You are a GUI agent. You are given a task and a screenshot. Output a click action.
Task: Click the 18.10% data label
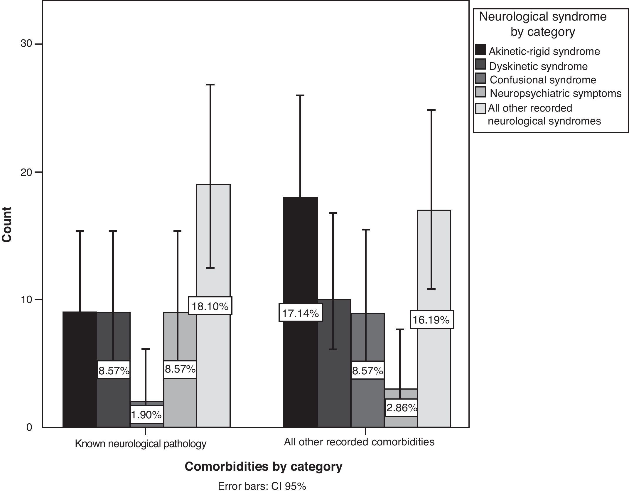210,306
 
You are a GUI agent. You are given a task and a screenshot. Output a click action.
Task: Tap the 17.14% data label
301,313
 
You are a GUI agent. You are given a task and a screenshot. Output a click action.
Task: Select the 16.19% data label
431,320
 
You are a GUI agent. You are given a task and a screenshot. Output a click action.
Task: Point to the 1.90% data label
146,415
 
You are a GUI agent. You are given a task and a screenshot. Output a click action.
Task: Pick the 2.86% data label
401,408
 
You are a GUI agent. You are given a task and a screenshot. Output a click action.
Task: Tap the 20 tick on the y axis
26,172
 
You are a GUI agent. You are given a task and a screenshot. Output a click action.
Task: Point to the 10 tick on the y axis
26,299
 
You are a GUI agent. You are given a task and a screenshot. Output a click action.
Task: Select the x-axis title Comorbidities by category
263,467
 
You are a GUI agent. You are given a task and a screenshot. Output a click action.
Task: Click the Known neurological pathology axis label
141,444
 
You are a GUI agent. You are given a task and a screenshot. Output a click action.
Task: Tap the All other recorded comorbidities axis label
359,442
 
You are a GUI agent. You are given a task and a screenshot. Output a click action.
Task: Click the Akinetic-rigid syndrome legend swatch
480,50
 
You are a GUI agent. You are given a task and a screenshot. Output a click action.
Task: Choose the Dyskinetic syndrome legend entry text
538,66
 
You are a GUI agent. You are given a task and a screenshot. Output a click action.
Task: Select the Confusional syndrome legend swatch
480,79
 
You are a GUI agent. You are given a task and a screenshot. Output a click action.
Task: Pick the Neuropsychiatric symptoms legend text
556,93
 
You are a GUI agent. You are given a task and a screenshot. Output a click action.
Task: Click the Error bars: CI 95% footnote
262,486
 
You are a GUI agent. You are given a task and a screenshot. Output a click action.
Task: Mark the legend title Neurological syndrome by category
543,24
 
